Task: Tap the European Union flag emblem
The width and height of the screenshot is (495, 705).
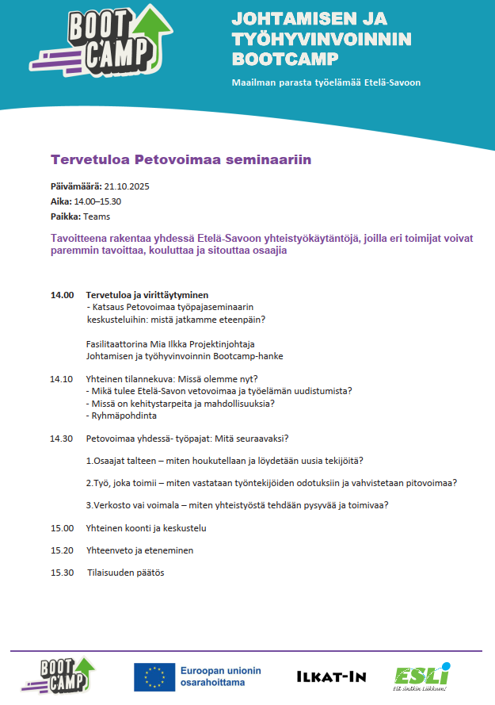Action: coord(154,676)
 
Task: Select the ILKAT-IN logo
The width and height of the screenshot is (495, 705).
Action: coord(331,676)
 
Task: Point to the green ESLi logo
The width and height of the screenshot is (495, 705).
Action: coord(422,676)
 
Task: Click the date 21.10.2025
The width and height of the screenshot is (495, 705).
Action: coord(127,186)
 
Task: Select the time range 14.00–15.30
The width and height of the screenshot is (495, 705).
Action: coord(97,201)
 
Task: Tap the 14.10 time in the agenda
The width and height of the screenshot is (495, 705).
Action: coord(62,378)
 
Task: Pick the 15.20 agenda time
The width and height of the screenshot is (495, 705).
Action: coord(62,550)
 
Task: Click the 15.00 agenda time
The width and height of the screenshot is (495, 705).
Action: coord(62,527)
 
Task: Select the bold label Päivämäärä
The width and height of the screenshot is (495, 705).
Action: coord(76,186)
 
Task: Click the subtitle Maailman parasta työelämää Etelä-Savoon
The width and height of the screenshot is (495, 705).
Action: coord(326,82)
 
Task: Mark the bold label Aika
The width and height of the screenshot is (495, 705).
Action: coord(60,201)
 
